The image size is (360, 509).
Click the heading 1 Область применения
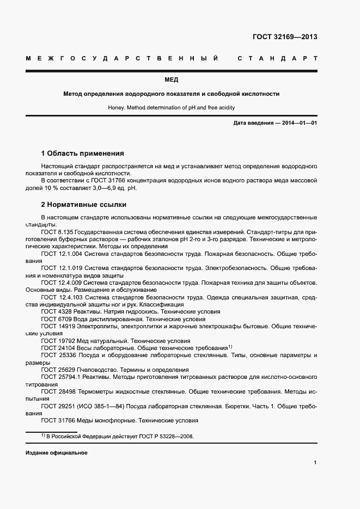pos(82,154)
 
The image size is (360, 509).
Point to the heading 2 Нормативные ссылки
pos(84,205)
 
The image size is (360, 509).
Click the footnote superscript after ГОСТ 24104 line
pos(230,346)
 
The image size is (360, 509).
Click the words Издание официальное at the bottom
pos(56,453)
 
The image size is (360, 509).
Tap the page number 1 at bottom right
pos(315,463)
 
